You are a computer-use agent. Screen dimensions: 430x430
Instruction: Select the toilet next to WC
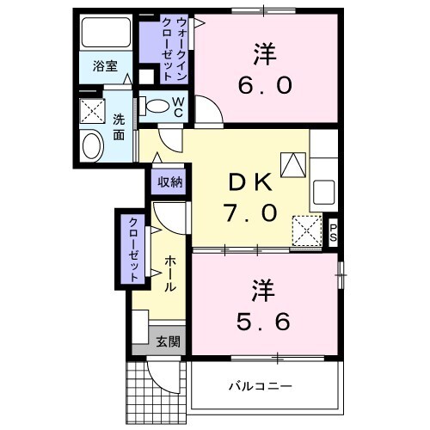157,107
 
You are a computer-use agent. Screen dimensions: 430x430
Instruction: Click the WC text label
178,107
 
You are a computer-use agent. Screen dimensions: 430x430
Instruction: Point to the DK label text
249,181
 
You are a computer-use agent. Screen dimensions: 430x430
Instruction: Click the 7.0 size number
249,212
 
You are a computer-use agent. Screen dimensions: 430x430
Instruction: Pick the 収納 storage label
169,181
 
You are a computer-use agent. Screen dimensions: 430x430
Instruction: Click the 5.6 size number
263,320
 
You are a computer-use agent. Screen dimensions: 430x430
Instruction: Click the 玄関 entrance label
169,341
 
